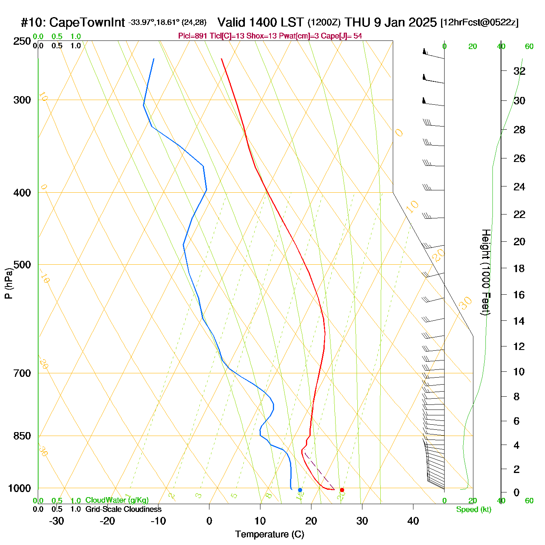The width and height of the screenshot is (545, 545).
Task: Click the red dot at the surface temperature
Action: (342, 490)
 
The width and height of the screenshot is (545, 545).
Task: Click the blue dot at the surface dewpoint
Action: (300, 490)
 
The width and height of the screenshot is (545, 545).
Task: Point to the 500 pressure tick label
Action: (22, 265)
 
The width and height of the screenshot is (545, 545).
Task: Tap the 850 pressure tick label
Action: (22, 436)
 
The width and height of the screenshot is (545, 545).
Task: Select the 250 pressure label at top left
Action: (22, 41)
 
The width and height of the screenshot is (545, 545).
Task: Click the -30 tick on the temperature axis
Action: (56, 521)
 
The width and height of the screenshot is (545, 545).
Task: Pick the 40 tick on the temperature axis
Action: (413, 521)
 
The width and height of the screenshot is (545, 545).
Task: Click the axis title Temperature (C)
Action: (269, 534)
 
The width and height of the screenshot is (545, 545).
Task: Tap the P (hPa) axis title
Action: (9, 283)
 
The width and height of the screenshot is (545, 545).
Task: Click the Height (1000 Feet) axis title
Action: (485, 272)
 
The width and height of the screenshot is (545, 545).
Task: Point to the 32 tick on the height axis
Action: (519, 71)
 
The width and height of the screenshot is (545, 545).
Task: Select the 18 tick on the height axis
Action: (519, 268)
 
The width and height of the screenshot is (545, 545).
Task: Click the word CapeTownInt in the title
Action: (87, 23)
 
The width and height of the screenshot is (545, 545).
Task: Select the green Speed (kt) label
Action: (474, 510)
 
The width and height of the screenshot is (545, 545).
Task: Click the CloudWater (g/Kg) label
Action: (117, 500)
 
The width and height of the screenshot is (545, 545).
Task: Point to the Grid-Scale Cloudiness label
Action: (123, 509)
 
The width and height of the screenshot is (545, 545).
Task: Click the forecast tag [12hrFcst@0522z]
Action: (479, 23)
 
